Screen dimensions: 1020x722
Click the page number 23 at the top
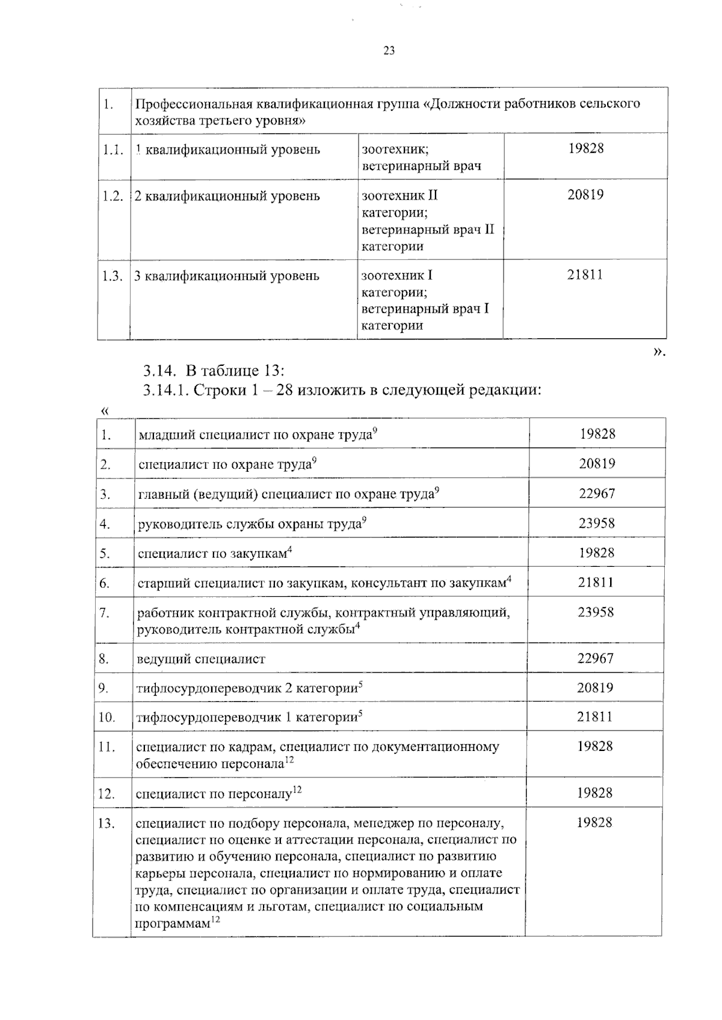click(389, 51)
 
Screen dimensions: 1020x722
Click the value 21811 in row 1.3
click(585, 276)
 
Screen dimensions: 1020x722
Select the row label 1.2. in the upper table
click(113, 196)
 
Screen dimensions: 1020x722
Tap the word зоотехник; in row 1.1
click(395, 149)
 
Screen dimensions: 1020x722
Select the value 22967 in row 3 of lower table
click(597, 493)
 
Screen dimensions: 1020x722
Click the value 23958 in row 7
click(596, 612)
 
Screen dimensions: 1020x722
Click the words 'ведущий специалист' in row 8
click(202, 659)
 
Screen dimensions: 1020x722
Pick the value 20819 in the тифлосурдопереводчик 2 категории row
click(595, 688)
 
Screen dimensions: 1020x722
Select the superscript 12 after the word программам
click(215, 920)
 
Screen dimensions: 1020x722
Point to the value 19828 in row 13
click(594, 823)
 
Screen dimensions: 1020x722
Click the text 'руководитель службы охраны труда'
click(249, 524)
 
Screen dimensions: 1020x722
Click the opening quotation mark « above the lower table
click(105, 411)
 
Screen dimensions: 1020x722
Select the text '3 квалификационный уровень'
click(226, 276)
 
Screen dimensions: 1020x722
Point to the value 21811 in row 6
click(596, 583)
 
